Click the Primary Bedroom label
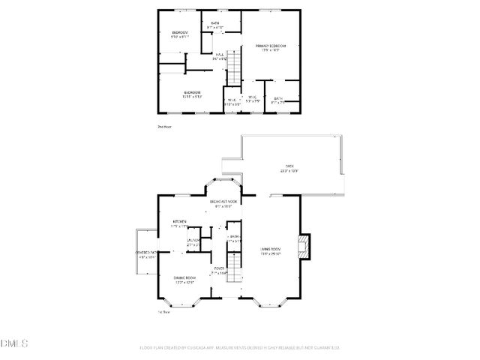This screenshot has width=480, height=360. (x=270, y=47)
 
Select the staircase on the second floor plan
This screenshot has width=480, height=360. (x=235, y=67)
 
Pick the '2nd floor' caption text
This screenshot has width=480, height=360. (x=164, y=127)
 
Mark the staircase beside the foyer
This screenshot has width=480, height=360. (x=235, y=267)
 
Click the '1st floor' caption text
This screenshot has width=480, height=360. (x=164, y=312)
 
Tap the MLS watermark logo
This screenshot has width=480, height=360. (x=13, y=343)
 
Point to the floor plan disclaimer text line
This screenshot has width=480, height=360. (x=240, y=347)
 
